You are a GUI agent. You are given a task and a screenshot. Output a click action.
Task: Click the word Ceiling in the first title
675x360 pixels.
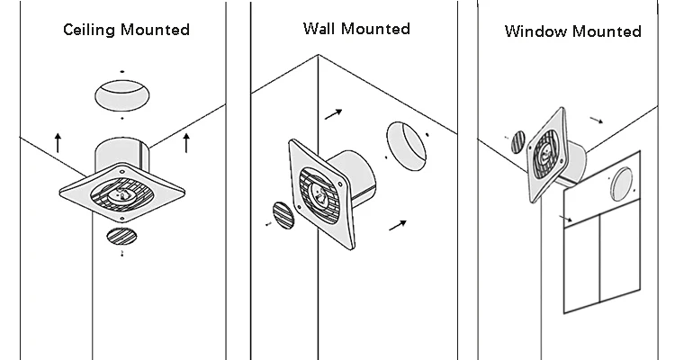(x=88, y=30)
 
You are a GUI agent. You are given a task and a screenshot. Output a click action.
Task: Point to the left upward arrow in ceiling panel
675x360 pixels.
(x=58, y=140)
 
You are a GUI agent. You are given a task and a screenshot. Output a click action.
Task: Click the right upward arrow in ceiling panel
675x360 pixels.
(x=185, y=140)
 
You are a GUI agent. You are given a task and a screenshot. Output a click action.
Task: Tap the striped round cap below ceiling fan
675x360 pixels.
(x=122, y=237)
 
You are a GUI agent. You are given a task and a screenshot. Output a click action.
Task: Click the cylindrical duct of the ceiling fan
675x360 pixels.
(x=122, y=153)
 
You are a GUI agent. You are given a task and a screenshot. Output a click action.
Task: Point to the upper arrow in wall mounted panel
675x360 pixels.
(x=333, y=114)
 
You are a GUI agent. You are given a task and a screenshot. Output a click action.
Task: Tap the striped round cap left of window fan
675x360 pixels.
(x=516, y=143)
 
